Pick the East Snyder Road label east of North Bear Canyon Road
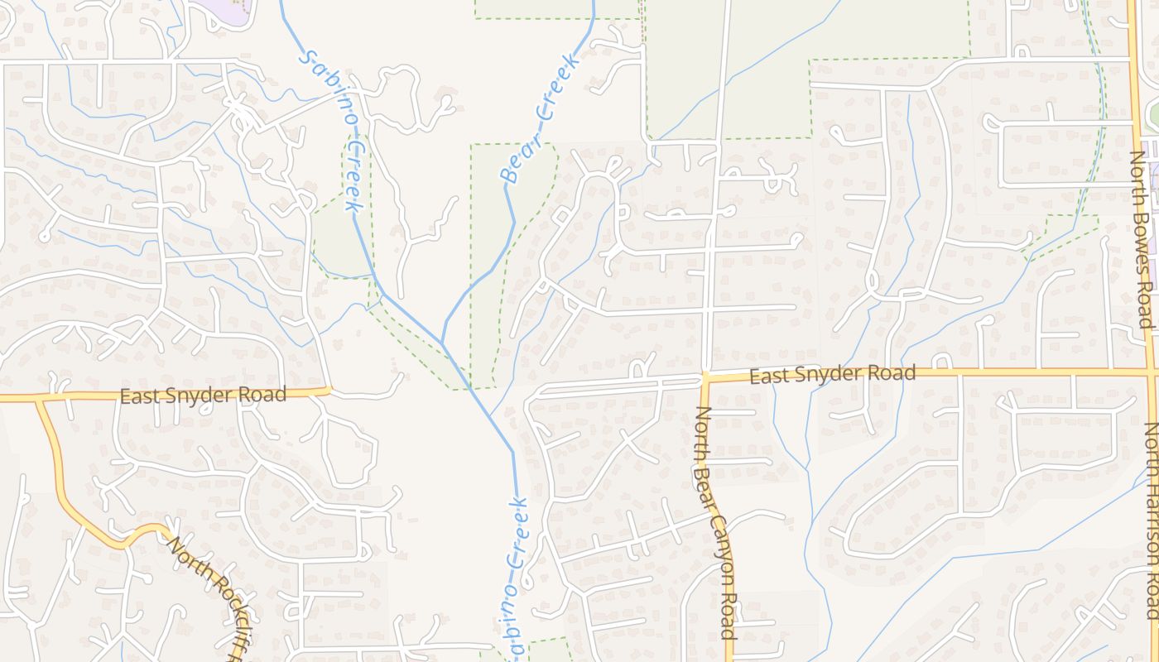pyautogui.click(x=832, y=375)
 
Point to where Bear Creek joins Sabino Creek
pyautogui.click(x=443, y=345)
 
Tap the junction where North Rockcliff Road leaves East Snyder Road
pyautogui.click(x=38, y=398)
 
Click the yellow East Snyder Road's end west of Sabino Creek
pyautogui.click(x=329, y=390)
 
